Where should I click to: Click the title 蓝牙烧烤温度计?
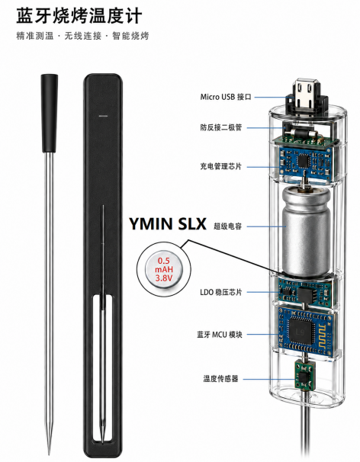point(79,15)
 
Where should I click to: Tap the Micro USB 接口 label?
point(226,97)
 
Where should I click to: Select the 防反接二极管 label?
point(221,127)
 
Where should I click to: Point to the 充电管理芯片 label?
point(221,166)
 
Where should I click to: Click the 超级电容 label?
point(227,226)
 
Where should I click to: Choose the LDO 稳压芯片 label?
point(221,292)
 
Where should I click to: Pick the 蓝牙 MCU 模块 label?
point(220,335)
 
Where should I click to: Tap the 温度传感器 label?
point(220,378)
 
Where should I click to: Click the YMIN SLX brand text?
point(168,224)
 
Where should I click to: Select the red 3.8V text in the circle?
point(163,278)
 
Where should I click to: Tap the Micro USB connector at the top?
point(307,98)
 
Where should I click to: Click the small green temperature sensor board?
point(305,375)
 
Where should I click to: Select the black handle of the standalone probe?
point(50,114)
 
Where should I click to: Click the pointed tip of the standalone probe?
point(50,454)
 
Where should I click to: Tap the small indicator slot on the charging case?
point(103,116)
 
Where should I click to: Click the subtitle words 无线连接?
point(82,36)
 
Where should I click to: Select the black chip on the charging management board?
point(303,161)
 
